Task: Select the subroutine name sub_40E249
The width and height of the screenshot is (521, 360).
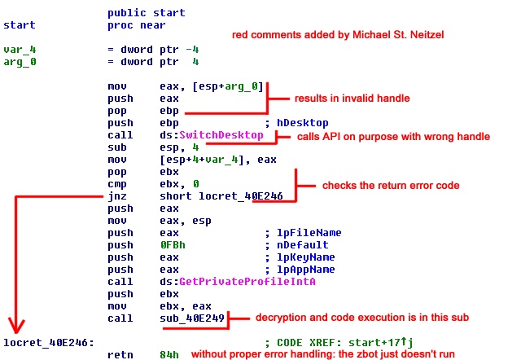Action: [193, 318]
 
